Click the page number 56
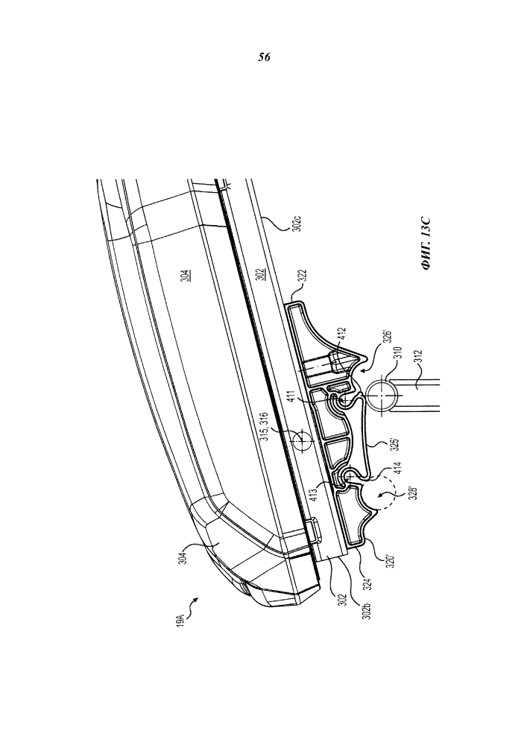264,57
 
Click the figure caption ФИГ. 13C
426,244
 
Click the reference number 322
302,278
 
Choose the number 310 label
399,355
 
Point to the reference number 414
398,470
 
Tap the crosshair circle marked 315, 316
302,441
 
